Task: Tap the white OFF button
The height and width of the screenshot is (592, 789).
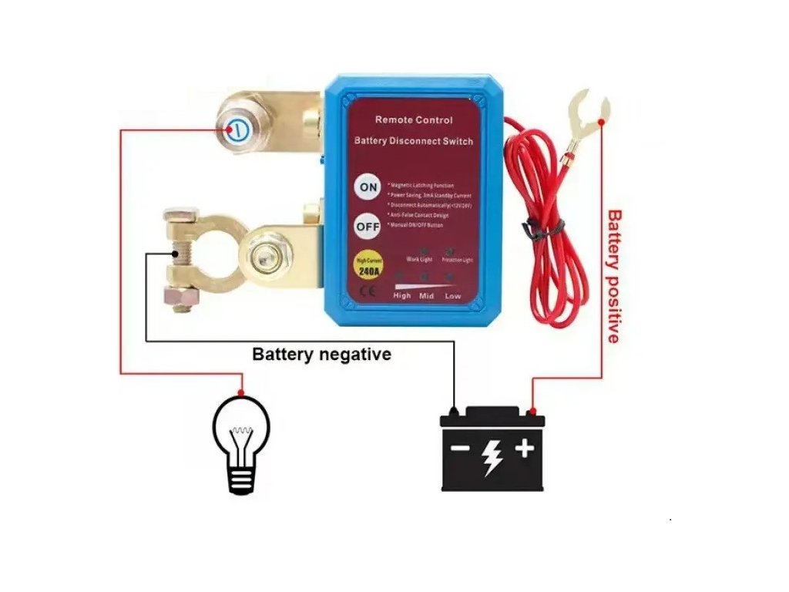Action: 367,227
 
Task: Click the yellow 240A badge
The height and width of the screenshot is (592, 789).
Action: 368,267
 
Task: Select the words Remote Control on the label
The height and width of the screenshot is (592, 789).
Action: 414,120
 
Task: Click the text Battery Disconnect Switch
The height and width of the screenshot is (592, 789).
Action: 414,142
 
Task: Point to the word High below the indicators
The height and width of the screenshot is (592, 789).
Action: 402,295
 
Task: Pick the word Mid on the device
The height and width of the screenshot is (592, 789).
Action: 427,295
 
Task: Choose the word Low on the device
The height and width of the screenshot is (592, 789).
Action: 454,295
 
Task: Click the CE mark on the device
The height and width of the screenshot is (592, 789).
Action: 368,291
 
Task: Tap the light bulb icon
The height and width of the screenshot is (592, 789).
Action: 241,442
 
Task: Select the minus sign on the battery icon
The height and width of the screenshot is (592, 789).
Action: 459,449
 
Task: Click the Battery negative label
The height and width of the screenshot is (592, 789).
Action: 322,355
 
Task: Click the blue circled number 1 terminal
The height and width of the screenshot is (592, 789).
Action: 238,129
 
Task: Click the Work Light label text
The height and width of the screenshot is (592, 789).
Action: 419,260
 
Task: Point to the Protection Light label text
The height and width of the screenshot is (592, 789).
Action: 458,260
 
